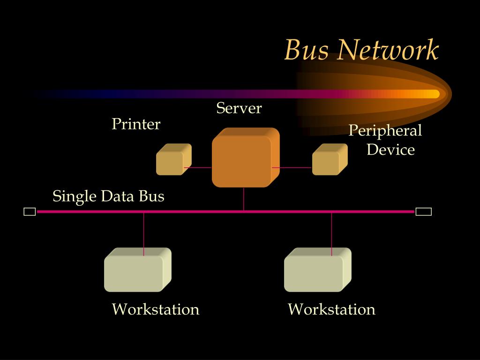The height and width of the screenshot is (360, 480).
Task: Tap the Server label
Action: coord(239,108)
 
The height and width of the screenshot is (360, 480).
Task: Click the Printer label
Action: coord(136,124)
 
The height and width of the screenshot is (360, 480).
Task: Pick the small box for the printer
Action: coord(172,160)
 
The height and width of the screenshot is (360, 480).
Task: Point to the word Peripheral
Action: coord(385,130)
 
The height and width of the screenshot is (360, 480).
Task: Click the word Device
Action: coord(390,150)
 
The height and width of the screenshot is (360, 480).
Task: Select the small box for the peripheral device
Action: coord(329,160)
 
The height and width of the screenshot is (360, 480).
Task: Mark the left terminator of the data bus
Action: coord(30,212)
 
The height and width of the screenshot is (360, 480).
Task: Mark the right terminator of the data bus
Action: coord(423,212)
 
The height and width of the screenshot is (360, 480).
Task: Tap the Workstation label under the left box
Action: coord(156,309)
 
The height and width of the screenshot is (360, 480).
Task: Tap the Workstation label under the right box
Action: coord(331,309)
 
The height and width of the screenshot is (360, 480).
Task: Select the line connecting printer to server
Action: coord(198,167)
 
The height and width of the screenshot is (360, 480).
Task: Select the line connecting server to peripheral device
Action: coord(292,167)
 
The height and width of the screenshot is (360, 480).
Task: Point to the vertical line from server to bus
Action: coord(244,199)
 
